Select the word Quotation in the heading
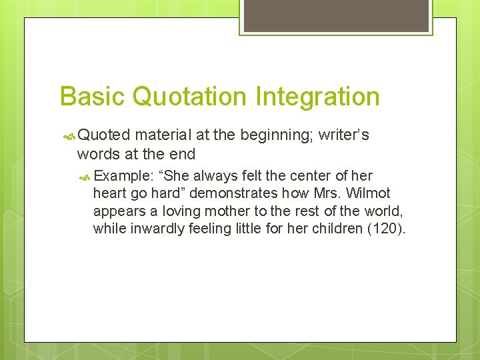[x=189, y=96]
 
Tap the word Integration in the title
[x=316, y=96]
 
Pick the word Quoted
[x=104, y=135]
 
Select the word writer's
[x=344, y=135]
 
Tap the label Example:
[x=125, y=176]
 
